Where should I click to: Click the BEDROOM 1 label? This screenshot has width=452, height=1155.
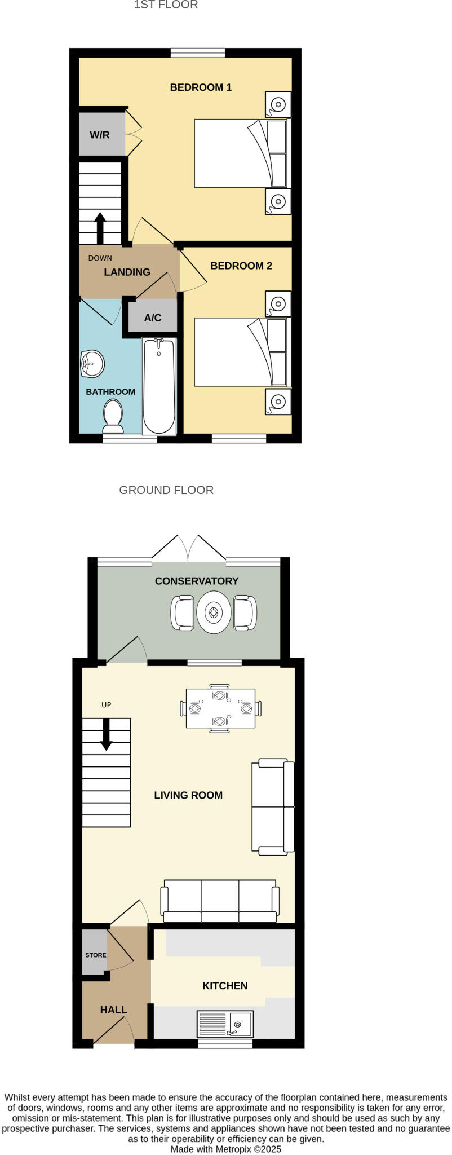(201, 87)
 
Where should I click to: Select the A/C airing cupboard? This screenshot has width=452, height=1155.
(153, 318)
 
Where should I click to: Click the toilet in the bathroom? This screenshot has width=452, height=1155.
(113, 414)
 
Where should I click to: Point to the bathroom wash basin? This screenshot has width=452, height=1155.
(92, 364)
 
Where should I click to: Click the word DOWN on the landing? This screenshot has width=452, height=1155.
(100, 258)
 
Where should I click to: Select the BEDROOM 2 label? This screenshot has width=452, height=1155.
(241, 266)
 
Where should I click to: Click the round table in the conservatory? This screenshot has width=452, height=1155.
(214, 612)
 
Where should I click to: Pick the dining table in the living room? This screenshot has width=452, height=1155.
(220, 708)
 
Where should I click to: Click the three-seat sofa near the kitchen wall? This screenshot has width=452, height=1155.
(220, 901)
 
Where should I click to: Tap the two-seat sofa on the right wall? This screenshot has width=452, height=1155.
(273, 806)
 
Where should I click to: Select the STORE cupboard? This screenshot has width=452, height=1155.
(95, 955)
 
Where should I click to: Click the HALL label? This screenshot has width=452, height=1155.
(113, 1009)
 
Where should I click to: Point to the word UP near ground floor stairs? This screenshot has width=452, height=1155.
(106, 705)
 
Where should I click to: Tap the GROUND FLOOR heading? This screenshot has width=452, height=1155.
(166, 490)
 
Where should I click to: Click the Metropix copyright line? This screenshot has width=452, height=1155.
(225, 1149)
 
